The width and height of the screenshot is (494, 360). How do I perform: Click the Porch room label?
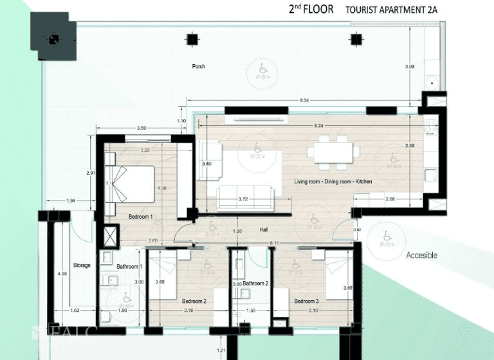pyautogui.click(x=199, y=66)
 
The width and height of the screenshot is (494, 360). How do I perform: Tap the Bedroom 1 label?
pyautogui.click(x=140, y=217)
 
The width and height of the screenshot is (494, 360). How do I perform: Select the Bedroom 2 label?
pyautogui.click(x=194, y=301)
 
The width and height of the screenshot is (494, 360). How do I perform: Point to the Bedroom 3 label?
pyautogui.click(x=307, y=301)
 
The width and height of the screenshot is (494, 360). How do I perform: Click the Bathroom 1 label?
pyautogui.click(x=129, y=266)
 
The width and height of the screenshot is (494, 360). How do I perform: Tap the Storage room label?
pyautogui.click(x=82, y=265)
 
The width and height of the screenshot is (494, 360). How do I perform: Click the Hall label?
pyautogui.click(x=264, y=230)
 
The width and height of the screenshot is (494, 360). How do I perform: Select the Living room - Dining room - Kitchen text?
pyautogui.click(x=333, y=182)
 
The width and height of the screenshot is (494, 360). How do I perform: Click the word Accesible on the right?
pyautogui.click(x=421, y=255)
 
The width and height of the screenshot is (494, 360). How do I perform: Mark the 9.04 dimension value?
pyautogui.click(x=304, y=100)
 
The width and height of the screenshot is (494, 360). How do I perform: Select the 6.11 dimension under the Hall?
pyautogui.click(x=274, y=242)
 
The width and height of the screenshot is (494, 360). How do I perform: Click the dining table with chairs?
pyautogui.click(x=333, y=152)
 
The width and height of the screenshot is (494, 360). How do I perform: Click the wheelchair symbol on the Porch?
pyautogui.click(x=262, y=67)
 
